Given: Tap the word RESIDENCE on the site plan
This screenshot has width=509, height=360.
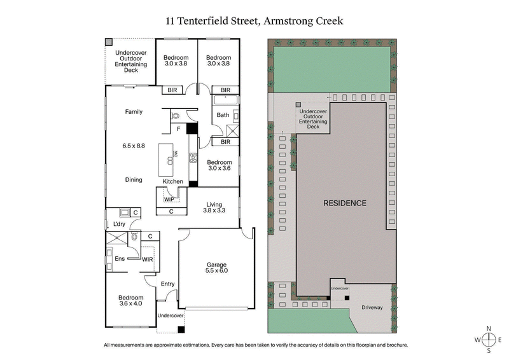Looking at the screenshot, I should pos(345,204).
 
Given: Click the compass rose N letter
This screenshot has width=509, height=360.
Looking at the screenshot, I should pos(488,328).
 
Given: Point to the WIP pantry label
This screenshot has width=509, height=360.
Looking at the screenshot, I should pos(169,199).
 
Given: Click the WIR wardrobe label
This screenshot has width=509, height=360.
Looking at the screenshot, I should pos(147,260).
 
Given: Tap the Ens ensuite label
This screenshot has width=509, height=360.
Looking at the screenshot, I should pos(119,259).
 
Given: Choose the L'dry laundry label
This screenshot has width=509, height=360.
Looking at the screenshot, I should pos(119,225).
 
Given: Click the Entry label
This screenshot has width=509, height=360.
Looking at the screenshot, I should pos(168,284).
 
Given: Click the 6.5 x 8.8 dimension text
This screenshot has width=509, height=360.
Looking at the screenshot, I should pos(134,146).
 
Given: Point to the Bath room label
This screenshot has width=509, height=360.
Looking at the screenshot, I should pos(223,115).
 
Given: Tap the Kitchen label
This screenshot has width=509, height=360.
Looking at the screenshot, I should pos(173,182).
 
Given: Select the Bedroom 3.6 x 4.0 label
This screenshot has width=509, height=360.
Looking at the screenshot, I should pos(132,301).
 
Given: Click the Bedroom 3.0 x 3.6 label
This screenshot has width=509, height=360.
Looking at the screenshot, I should pos(219,166).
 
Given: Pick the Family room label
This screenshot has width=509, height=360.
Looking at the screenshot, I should pos(133,112).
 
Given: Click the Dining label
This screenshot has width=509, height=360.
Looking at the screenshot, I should pos(133,180).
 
